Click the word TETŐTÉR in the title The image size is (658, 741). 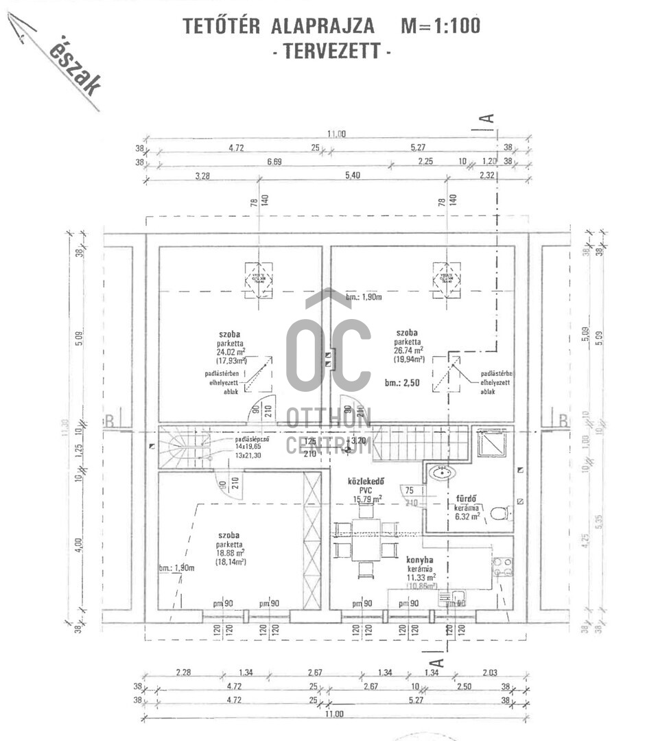pos(222,26)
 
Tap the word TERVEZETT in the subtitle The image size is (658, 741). pos(332,51)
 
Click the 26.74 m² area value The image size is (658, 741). pos(409,349)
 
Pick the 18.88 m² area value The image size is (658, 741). pos(231,552)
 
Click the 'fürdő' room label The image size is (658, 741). pos(467,499)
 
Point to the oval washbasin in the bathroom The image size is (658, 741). pos(440,471)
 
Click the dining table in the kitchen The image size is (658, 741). pos(366,539)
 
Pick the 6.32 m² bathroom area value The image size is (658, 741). pos(467,517)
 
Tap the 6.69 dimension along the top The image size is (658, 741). pos(274,163)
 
